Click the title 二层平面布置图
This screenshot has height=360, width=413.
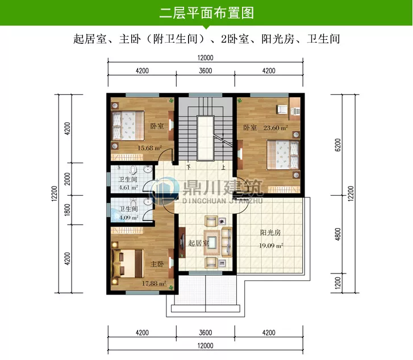click(x=206, y=13)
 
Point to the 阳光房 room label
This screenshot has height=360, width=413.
click(x=272, y=233)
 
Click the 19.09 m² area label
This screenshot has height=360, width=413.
click(x=272, y=246)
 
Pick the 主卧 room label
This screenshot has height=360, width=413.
click(x=157, y=264)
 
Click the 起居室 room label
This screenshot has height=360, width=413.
click(x=198, y=243)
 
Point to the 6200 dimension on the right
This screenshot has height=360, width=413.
click(x=338, y=146)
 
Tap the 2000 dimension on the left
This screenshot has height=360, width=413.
click(x=68, y=179)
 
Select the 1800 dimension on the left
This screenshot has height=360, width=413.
click(x=68, y=209)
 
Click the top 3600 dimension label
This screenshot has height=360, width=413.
click(x=205, y=71)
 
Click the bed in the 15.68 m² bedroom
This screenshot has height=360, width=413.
click(x=126, y=125)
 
